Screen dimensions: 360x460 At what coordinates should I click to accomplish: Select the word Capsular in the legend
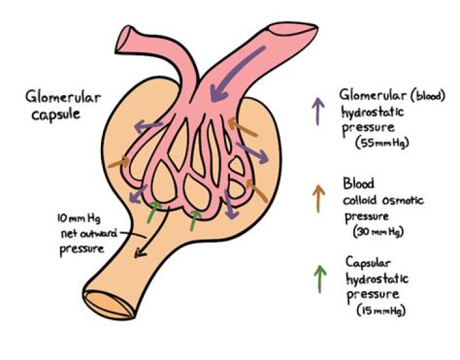click(369, 263)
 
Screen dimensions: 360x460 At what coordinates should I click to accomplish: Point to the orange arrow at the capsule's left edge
click(118, 163)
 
